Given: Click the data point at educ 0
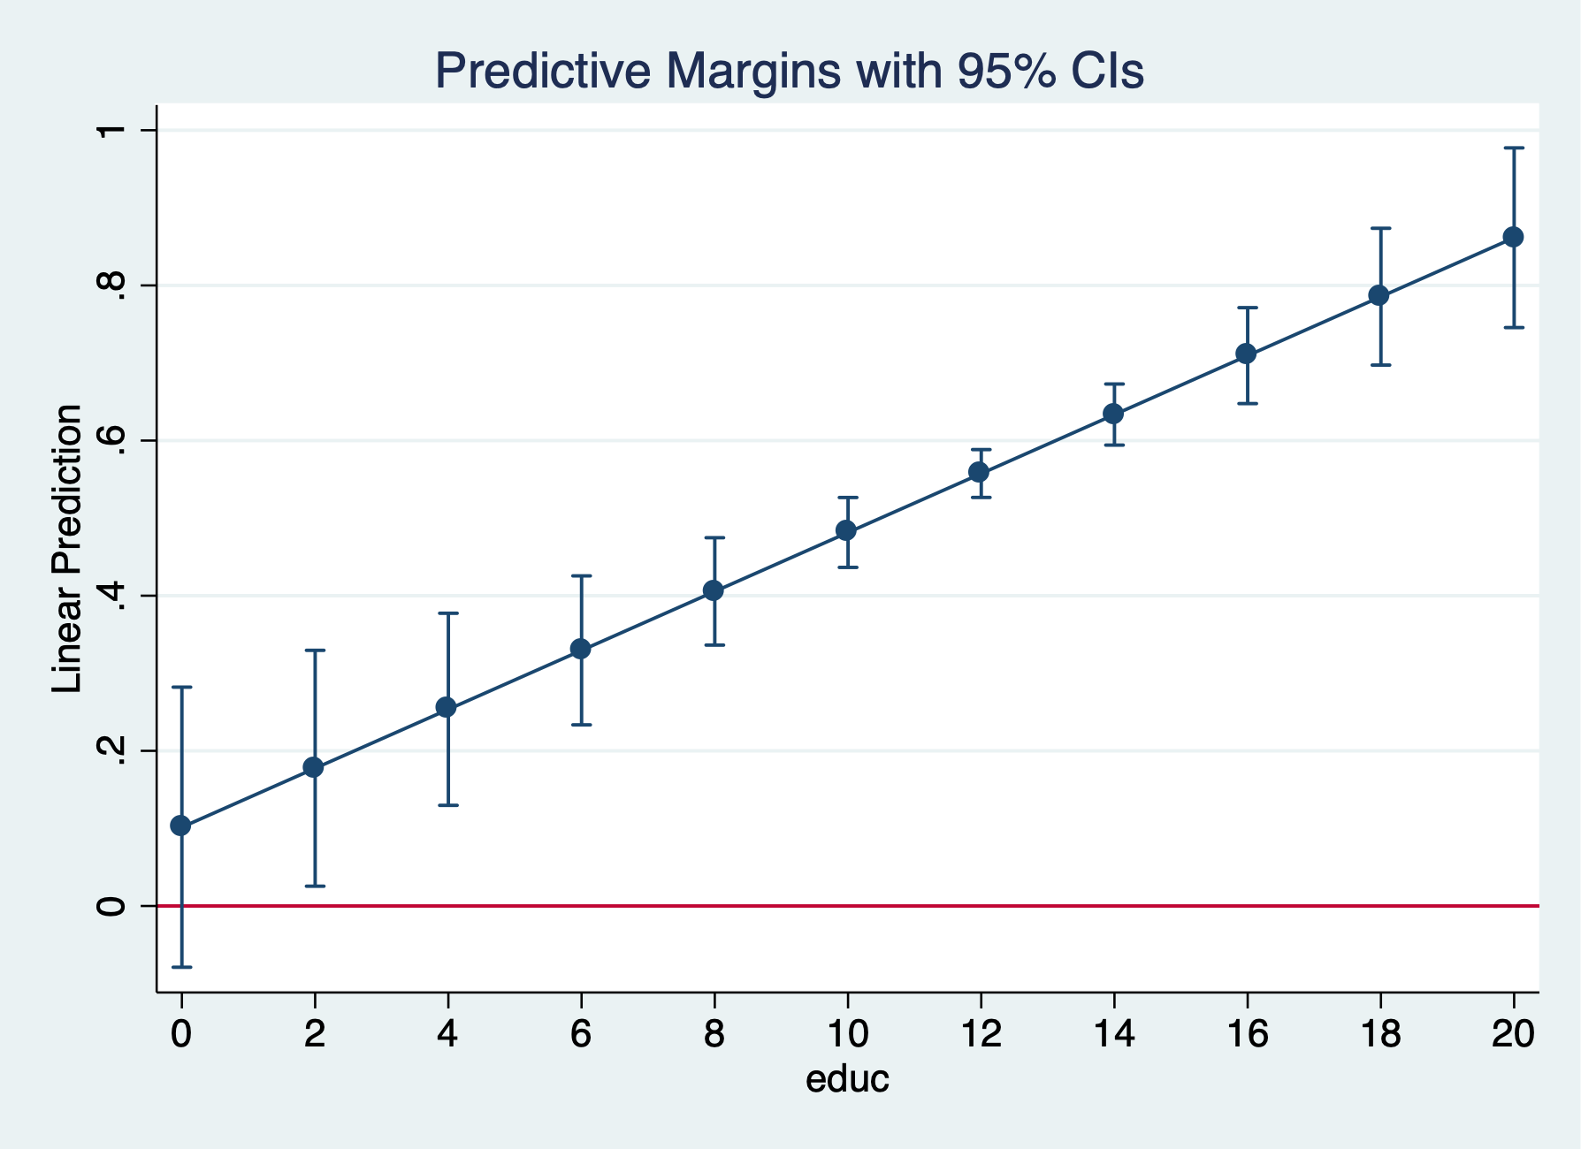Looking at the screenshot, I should [181, 826].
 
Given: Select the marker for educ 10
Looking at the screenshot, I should [846, 530].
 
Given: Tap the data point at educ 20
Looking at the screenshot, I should [1513, 237].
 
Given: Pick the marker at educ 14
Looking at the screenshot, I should [1113, 414].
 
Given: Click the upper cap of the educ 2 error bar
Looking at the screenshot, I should [315, 651].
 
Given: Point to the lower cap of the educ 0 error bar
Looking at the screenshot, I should [181, 967].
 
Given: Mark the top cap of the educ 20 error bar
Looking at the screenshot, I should [1513, 148].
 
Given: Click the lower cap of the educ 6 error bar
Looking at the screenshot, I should [581, 725].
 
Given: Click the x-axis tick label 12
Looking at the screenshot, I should [980, 1033].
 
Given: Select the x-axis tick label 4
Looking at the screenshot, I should [447, 1033].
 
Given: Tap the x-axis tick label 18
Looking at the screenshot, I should [1379, 1033].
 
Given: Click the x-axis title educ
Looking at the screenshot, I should [846, 1079].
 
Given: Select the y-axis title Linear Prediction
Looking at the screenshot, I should [67, 549].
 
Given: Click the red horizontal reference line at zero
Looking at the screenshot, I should [884, 906].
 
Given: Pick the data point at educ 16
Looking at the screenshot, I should [1246, 354].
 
